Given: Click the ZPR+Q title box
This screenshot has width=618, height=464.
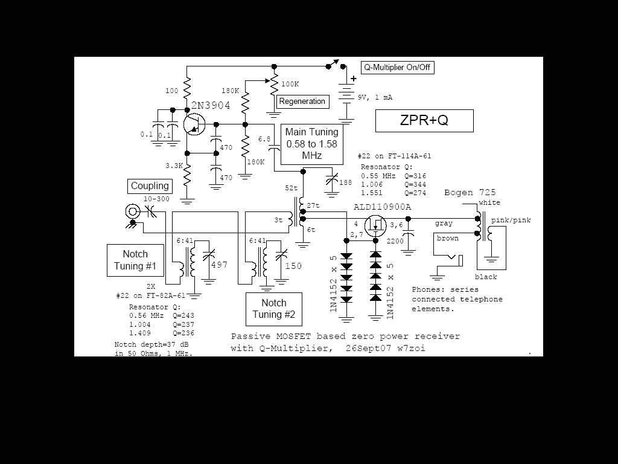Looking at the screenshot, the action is (424, 120).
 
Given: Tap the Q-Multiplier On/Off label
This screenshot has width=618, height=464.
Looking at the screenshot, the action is (397, 68).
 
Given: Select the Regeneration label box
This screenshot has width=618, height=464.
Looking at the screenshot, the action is (302, 101).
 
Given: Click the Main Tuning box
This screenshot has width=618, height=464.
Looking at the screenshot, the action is (312, 144).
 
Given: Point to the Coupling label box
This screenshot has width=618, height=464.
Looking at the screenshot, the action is (150, 186).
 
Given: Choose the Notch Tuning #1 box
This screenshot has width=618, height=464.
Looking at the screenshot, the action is (135, 260).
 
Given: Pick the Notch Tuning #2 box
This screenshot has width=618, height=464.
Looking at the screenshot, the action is (274, 309).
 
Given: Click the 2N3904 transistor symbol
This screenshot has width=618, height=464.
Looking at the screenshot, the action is (194, 124).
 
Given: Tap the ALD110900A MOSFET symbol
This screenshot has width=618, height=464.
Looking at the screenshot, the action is (375, 226).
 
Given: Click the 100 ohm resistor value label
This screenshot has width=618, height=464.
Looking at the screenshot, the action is (172, 91).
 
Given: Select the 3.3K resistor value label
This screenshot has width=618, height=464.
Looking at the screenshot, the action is (174, 166).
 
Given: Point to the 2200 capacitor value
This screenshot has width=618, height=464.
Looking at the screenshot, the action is (395, 241).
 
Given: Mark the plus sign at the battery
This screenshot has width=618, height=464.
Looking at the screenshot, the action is (354, 79).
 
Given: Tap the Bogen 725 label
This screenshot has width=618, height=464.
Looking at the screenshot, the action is (470, 193).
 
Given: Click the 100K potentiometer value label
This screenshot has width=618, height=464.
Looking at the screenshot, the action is (290, 84).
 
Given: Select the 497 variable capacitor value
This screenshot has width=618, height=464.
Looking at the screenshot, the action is (220, 265).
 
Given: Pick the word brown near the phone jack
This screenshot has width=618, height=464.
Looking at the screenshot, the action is (448, 238).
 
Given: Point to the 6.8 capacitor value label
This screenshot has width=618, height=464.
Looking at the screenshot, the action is (264, 140).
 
